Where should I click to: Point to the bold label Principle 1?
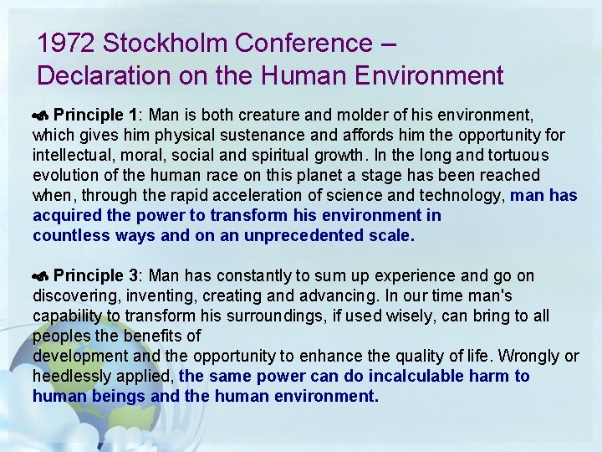coord(95,114)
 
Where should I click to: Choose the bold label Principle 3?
coord(95,276)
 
